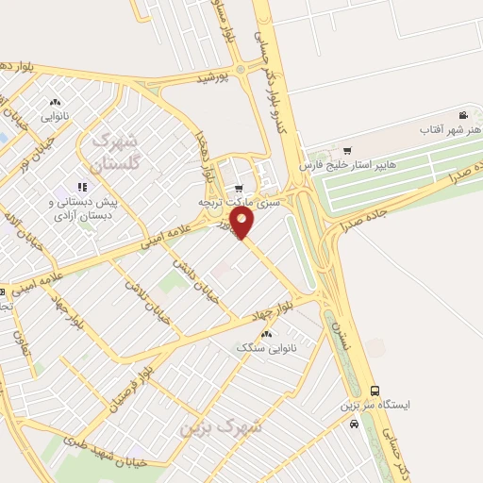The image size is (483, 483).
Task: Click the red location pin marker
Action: click(x=243, y=223)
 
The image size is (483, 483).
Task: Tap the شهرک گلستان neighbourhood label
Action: click(x=117, y=150)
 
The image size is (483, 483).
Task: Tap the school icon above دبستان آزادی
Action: click(x=84, y=187)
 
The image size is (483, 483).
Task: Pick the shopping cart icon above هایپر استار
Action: click(x=347, y=150)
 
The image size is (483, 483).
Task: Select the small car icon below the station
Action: click(x=355, y=425)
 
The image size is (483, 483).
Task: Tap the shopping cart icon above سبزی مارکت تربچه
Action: click(x=239, y=187)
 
